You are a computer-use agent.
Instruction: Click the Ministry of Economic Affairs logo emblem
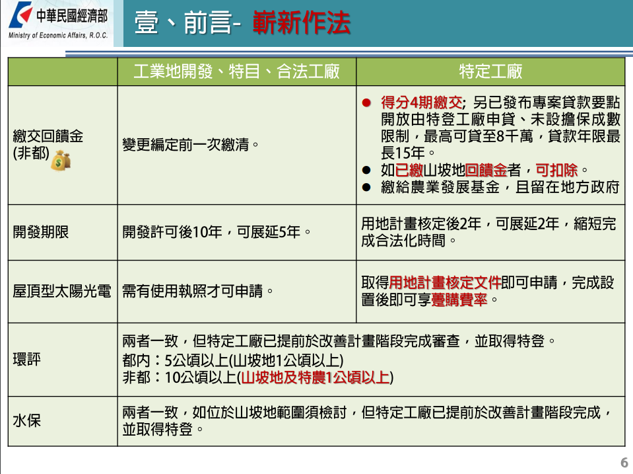click(21, 15)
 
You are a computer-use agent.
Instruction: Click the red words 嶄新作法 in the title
click(302, 22)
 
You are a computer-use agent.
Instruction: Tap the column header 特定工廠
click(490, 71)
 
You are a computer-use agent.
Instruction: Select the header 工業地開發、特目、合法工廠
click(236, 71)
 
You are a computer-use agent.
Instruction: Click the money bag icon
click(61, 160)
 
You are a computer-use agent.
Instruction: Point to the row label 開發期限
click(41, 232)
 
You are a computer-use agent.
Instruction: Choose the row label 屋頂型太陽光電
click(62, 291)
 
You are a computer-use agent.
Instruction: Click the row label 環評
click(26, 359)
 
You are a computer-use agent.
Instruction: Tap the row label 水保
click(26, 420)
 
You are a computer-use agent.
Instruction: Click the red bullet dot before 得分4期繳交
click(366, 102)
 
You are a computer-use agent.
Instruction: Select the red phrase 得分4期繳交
click(422, 102)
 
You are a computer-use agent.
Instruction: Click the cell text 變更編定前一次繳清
click(190, 144)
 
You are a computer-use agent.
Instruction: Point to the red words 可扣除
click(556, 171)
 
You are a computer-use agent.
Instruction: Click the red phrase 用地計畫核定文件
click(446, 282)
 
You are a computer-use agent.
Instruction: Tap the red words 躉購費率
click(459, 299)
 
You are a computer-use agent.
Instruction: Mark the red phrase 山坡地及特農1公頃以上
click(316, 377)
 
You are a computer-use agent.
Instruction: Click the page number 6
click(624, 462)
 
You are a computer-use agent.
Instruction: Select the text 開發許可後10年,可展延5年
click(217, 232)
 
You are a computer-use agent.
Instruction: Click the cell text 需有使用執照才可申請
click(197, 291)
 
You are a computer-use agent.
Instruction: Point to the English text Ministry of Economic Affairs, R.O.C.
click(58, 36)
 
